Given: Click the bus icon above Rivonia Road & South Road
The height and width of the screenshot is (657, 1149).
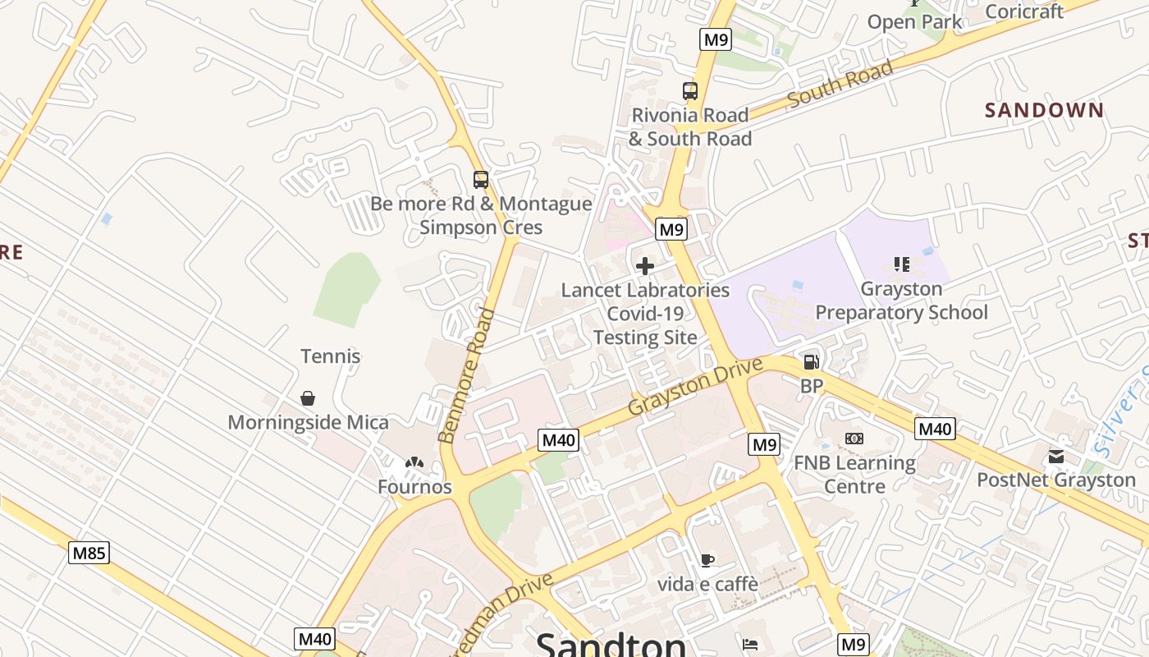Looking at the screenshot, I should click(x=689, y=91).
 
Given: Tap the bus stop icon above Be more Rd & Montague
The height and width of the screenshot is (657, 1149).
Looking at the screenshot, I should click(x=481, y=179).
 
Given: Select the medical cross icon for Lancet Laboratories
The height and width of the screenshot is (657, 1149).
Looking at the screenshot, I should click(x=645, y=266).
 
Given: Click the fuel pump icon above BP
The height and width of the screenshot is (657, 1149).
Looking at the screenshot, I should click(x=811, y=361).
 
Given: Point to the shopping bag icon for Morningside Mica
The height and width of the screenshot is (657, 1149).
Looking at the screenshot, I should click(x=308, y=398).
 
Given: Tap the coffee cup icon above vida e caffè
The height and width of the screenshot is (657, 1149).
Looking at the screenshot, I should click(x=707, y=560).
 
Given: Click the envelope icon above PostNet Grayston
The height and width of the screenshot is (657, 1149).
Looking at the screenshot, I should click(x=1055, y=456).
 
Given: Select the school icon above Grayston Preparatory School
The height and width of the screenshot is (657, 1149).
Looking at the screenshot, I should click(x=901, y=264).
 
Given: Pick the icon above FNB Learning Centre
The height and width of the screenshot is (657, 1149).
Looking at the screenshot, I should click(x=854, y=439).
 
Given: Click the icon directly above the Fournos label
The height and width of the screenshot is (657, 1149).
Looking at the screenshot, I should click(x=414, y=463).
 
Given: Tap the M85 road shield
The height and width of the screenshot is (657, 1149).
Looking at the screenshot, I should click(x=89, y=553).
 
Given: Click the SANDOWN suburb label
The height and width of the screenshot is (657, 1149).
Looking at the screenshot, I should click(x=1044, y=110).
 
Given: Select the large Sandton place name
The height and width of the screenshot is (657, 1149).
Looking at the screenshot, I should click(x=611, y=644).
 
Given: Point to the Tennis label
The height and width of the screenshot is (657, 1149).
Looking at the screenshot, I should click(x=330, y=356).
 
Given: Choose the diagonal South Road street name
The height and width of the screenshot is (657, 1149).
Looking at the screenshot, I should click(x=840, y=85).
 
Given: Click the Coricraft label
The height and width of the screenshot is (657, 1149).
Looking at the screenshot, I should click(x=1023, y=11).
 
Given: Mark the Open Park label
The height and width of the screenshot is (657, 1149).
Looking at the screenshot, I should click(x=914, y=22).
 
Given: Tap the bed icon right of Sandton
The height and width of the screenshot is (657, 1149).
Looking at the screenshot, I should click(x=749, y=645).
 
